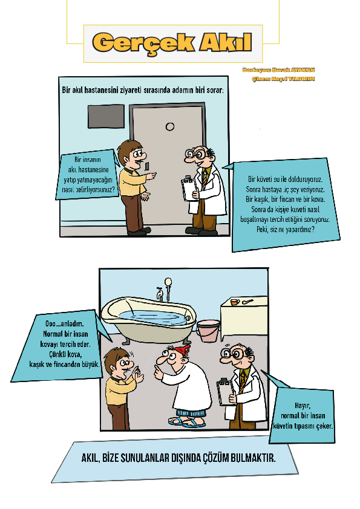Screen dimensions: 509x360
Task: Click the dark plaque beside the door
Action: tap(106, 115)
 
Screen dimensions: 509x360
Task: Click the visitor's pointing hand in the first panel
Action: tap(151, 175)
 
